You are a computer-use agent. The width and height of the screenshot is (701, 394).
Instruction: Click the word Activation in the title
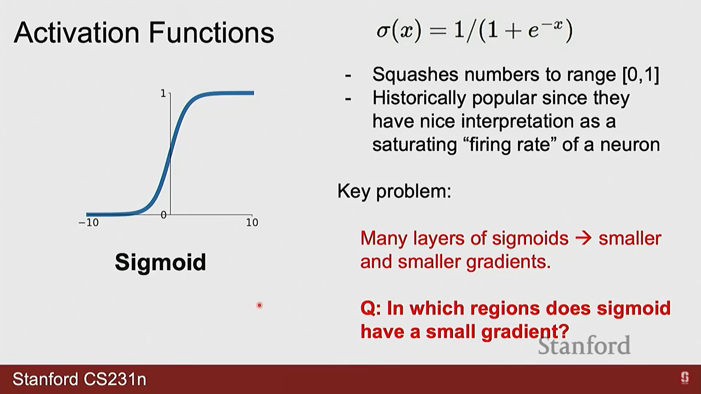pos(77,33)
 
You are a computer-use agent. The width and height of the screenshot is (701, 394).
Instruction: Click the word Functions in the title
pos(211,33)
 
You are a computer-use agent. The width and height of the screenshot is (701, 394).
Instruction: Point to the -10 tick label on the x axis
pos(89,223)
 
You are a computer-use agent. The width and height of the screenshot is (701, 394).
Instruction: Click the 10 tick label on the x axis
pos(252,223)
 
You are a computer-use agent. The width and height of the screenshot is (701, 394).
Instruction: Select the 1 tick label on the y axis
pos(163,94)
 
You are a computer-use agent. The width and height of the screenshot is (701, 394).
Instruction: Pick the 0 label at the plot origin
pos(164,215)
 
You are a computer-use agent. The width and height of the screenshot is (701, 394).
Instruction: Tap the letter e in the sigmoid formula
pos(533,32)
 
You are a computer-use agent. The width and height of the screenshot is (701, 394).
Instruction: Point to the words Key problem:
pos(394,191)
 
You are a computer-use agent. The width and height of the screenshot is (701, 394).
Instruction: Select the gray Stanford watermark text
pos(584,345)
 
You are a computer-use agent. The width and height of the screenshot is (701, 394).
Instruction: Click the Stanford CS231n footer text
pos(79,379)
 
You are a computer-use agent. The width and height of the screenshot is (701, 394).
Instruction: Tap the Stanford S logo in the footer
pos(685,378)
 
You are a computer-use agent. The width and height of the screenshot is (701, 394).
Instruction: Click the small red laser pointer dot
pos(259,305)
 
